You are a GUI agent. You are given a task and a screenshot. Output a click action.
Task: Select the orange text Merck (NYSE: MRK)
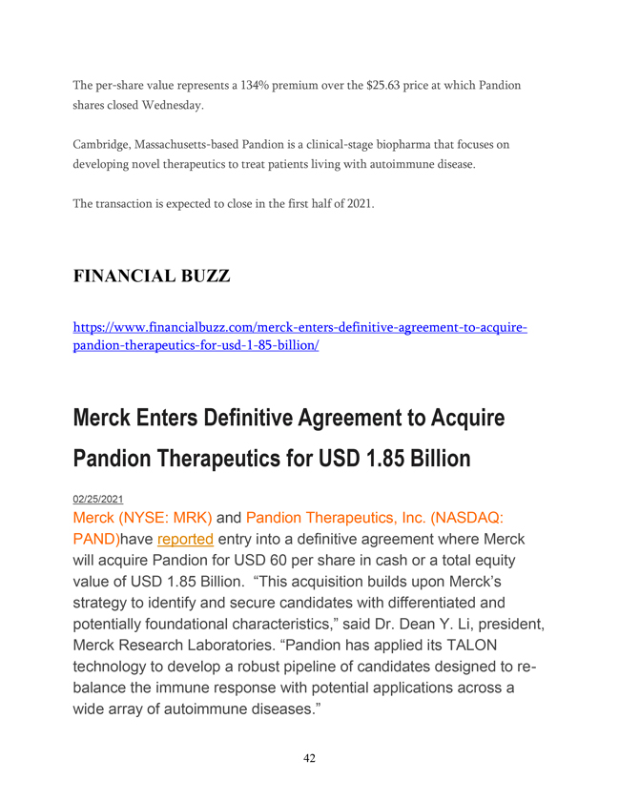[x=142, y=519]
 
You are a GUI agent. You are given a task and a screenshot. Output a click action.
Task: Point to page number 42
[x=309, y=759]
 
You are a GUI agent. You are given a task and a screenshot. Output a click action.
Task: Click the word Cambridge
[x=104, y=145]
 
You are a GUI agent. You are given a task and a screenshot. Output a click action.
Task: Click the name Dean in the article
[x=428, y=624]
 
